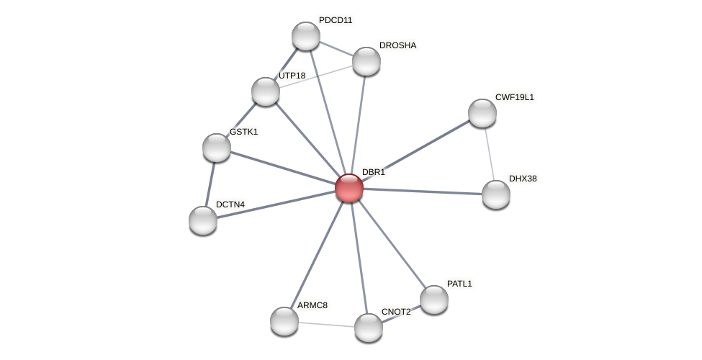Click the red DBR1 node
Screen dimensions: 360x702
[x=349, y=188]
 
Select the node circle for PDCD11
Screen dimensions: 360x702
[x=306, y=36]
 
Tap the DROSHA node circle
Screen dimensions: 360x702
[x=366, y=61]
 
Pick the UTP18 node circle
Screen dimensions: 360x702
[x=266, y=91]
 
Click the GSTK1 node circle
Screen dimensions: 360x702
[x=217, y=148]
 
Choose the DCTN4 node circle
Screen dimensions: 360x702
[x=203, y=220]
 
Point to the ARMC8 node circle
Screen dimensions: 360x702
[x=284, y=321]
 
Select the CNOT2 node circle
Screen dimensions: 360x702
[x=369, y=328]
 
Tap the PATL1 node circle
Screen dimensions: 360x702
[x=434, y=300]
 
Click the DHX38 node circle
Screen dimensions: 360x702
[x=496, y=194]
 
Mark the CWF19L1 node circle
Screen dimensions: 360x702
[x=482, y=113]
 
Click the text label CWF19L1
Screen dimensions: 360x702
[x=514, y=97]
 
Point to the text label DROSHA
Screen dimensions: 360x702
[x=397, y=45]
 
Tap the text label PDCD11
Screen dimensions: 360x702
[x=336, y=20]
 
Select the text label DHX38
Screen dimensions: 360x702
[x=523, y=179]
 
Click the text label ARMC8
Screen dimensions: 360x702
[x=312, y=305]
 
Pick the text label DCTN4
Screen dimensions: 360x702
[x=230, y=204]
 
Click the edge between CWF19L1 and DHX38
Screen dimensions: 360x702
[x=490, y=154]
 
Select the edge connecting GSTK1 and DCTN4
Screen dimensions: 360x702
[x=210, y=184]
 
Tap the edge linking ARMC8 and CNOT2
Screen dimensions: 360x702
[x=326, y=324]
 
